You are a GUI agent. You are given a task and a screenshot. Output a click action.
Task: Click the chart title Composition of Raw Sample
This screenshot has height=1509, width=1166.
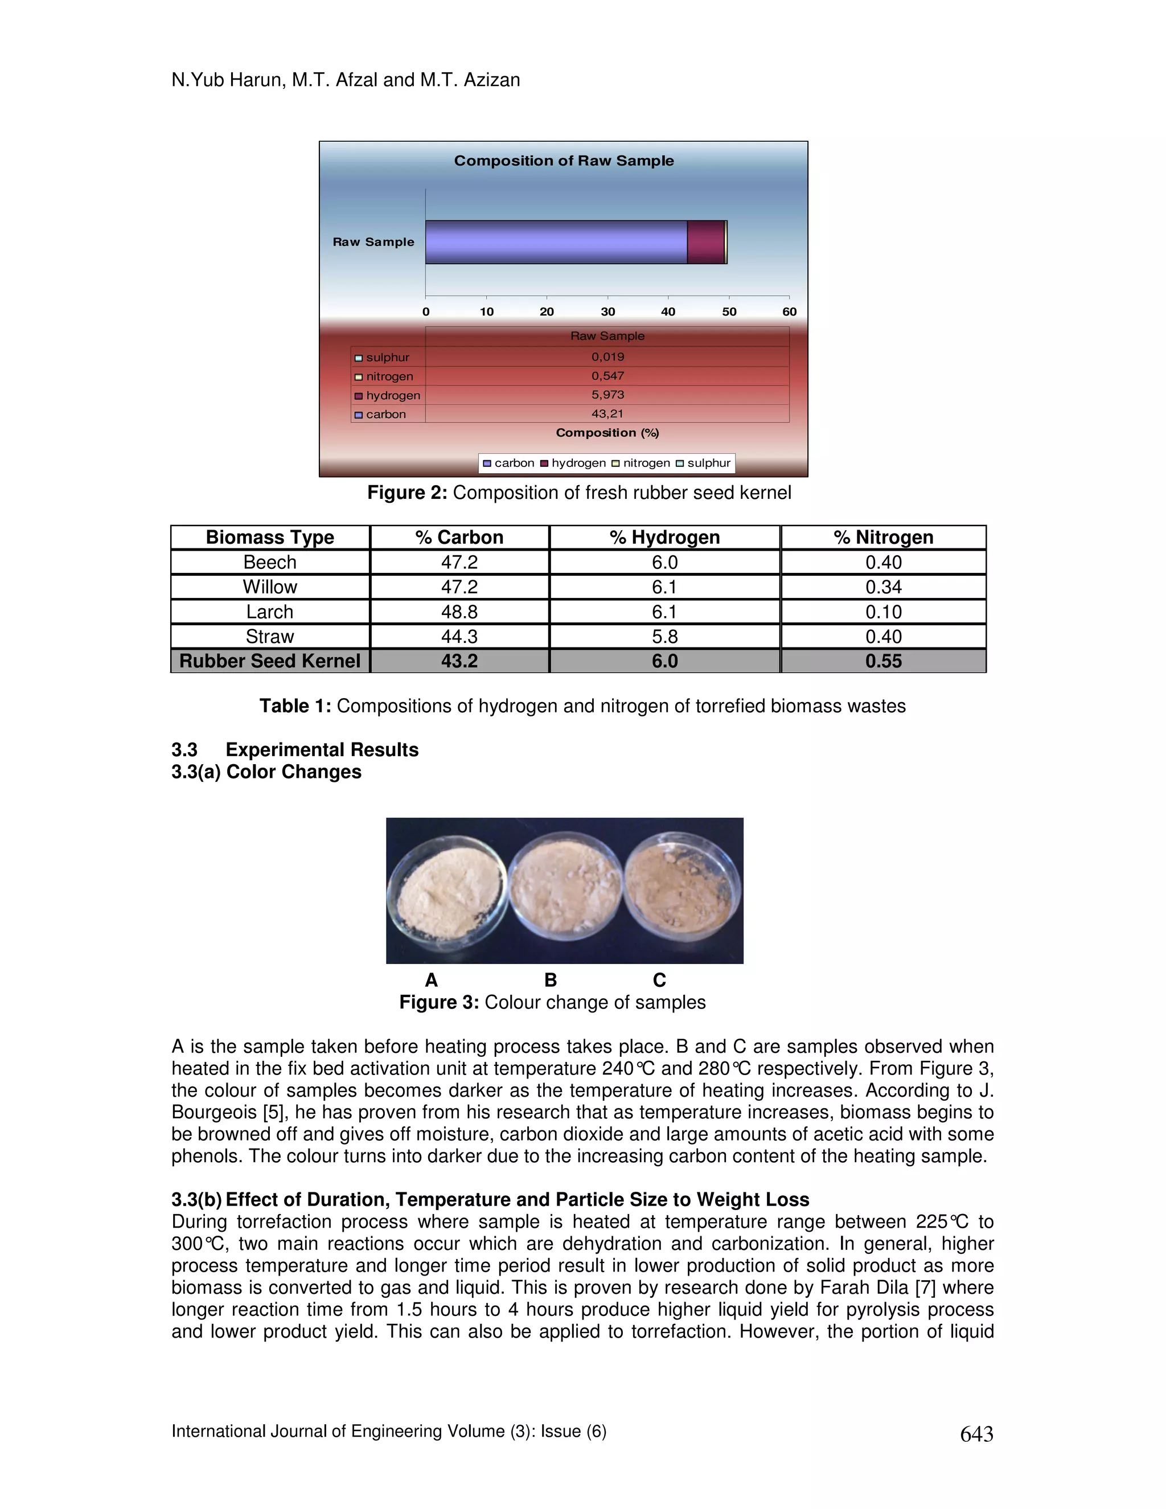click(x=564, y=161)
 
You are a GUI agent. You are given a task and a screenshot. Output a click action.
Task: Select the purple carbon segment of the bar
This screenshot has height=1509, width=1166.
click(x=556, y=242)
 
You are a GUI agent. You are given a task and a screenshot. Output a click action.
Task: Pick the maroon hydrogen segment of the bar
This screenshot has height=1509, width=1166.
click(x=705, y=242)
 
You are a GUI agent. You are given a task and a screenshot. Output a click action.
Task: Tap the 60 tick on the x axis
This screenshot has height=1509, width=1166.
click(x=790, y=311)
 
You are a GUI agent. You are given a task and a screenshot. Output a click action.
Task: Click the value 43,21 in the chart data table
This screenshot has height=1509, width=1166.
click(x=607, y=414)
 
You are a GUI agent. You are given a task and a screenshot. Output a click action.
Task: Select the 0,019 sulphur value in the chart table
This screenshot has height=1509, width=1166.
click(x=607, y=357)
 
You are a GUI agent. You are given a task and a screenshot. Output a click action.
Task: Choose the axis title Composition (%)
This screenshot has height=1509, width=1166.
click(x=607, y=433)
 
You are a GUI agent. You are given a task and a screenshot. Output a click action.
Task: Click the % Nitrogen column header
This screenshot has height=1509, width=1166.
click(x=884, y=538)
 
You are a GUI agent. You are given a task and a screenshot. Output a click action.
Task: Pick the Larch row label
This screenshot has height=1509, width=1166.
click(x=269, y=612)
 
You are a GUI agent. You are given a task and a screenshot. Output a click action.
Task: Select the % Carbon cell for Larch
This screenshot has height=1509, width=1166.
click(x=459, y=612)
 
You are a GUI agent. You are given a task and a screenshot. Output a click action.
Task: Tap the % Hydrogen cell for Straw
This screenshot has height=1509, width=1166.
click(x=664, y=637)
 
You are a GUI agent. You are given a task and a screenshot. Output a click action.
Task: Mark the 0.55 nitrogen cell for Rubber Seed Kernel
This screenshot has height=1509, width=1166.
click(x=884, y=661)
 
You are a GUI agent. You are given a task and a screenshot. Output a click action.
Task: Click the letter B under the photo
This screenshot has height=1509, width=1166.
click(x=551, y=981)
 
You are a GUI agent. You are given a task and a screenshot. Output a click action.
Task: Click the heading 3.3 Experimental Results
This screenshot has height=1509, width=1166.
click(x=295, y=751)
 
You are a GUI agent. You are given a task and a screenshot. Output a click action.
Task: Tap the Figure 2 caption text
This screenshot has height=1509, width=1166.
click(x=579, y=493)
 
